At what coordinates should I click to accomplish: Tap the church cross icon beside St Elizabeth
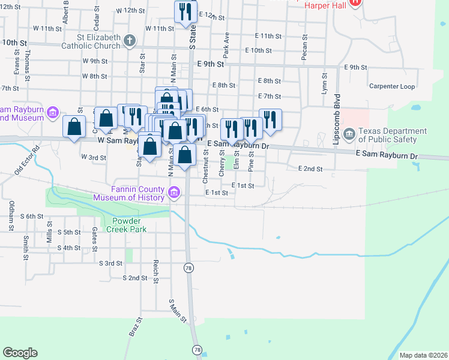(x=129, y=41)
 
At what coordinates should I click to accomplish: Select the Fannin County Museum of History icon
(x=174, y=193)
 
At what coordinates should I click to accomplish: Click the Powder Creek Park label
(x=127, y=224)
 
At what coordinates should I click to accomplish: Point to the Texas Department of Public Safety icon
(x=349, y=132)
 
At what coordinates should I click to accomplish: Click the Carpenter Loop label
(x=392, y=86)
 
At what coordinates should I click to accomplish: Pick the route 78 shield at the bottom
(x=197, y=349)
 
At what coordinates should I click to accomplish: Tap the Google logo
(x=20, y=352)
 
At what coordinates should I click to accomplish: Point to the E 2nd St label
(x=310, y=169)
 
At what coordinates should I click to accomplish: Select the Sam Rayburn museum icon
(x=52, y=112)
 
